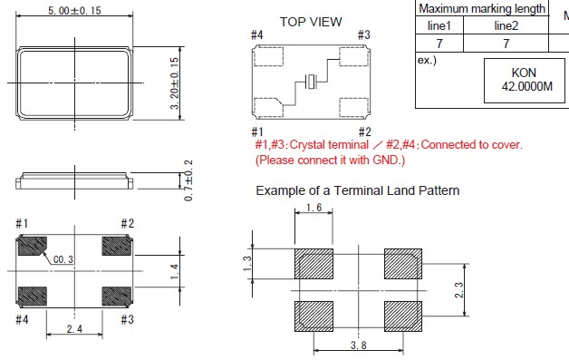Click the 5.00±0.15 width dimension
(74, 10)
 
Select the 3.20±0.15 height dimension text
(175, 83)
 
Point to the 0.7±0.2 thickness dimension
(188, 180)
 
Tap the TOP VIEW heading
(311, 22)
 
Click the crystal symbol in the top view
(311, 82)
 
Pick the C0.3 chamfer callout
(63, 259)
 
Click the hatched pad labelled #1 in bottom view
(33, 246)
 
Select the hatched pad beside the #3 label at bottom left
(117, 296)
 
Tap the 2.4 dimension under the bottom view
(74, 329)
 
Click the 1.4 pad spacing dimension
(175, 271)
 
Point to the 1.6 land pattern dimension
(313, 208)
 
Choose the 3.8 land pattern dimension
(358, 345)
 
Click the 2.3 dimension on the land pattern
(459, 290)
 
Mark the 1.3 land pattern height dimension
(247, 264)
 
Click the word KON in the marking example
(524, 73)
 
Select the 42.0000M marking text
(527, 86)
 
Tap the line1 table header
(439, 25)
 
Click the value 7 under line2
(506, 44)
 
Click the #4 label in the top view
(257, 34)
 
